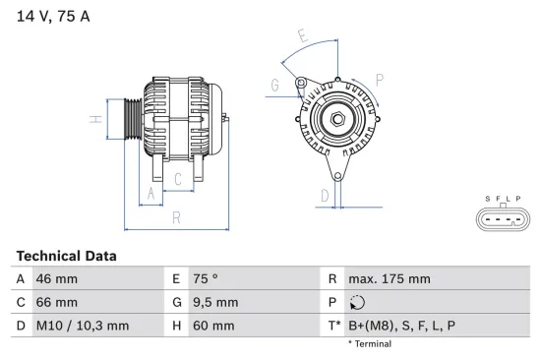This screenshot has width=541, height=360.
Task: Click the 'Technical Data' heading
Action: pyautogui.click(x=66, y=256)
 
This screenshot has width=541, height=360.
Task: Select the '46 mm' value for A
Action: pyautogui.click(x=55, y=279)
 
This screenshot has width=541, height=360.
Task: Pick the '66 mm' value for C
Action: pyautogui.click(x=55, y=302)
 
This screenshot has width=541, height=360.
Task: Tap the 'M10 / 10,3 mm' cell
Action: pyautogui.click(x=82, y=326)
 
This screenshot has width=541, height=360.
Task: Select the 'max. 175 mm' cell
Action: pyautogui.click(x=389, y=279)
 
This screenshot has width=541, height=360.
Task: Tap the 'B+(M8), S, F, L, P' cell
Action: pyautogui.click(x=401, y=326)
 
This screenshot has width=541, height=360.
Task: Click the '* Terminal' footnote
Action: pyautogui.click(x=370, y=344)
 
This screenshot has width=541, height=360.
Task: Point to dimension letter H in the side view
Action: pyautogui.click(x=96, y=121)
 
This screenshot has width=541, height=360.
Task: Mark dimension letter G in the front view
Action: pyautogui.click(x=274, y=86)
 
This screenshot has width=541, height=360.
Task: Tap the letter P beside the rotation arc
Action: pyautogui.click(x=379, y=79)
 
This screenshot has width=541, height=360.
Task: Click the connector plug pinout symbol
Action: pyautogui.click(x=503, y=215)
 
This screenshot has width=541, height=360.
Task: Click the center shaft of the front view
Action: pyautogui.click(x=335, y=120)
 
